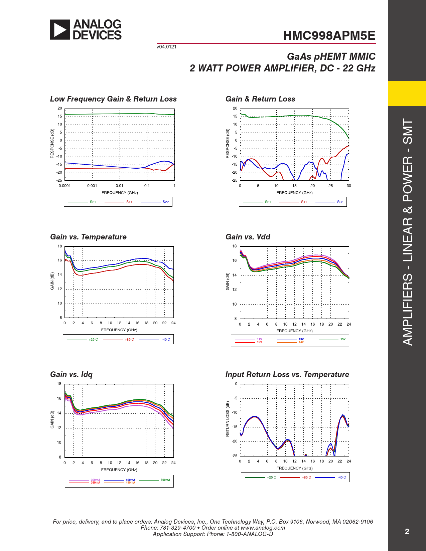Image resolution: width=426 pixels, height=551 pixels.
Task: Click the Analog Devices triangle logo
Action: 60,30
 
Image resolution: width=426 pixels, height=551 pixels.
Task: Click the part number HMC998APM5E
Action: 329,36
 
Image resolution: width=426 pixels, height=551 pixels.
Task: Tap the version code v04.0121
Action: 166,47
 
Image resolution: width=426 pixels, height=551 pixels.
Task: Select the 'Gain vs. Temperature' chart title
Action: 88,237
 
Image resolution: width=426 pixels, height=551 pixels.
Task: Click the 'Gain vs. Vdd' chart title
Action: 248,237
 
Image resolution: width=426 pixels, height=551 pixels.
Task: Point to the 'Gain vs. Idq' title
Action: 71,374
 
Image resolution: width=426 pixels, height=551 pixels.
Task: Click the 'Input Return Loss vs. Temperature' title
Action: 287,374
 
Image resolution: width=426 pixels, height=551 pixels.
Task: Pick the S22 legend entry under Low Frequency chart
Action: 165,202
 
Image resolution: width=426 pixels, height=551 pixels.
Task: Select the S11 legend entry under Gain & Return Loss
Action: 304,202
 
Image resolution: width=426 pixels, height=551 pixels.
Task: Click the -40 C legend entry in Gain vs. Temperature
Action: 166,340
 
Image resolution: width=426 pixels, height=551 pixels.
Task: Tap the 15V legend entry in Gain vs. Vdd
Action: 343,339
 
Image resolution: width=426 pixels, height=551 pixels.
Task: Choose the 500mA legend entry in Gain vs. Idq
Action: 165,480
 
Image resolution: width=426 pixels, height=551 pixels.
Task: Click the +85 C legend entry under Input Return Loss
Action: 306,478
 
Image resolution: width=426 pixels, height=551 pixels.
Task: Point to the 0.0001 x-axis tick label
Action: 64,186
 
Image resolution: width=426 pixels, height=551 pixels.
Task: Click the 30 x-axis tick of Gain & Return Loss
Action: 348,186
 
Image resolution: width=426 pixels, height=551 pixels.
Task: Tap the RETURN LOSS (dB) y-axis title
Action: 228,419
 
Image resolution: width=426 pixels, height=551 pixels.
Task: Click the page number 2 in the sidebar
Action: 407,532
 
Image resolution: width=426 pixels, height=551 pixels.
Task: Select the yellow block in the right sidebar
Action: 407,93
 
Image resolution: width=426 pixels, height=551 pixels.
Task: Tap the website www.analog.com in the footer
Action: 263,528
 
